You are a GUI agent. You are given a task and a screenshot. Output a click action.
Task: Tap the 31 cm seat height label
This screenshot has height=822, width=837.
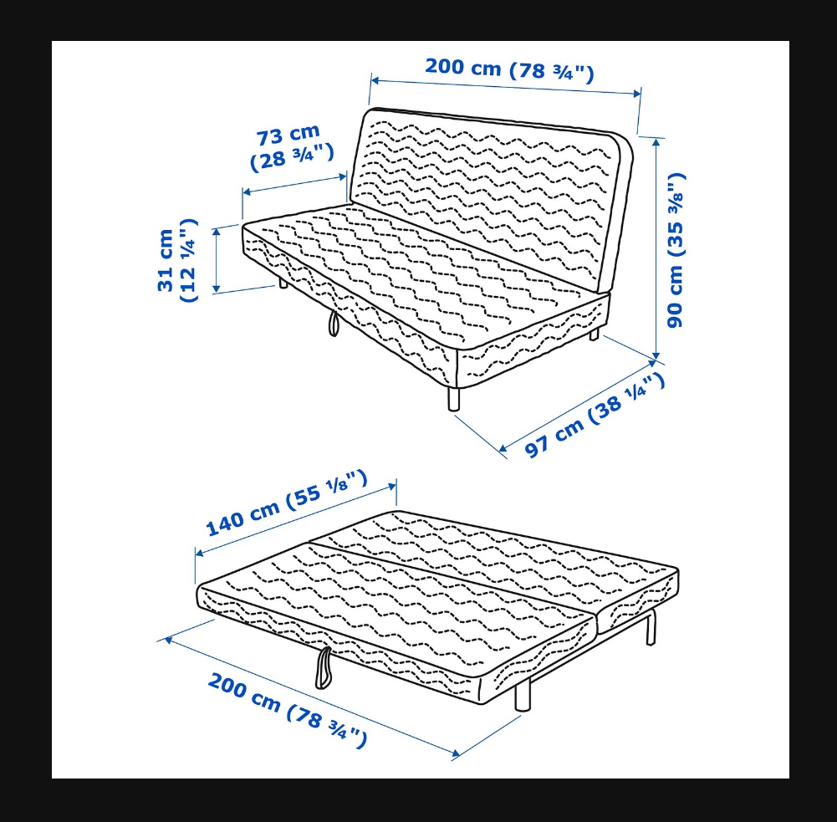click(x=176, y=260)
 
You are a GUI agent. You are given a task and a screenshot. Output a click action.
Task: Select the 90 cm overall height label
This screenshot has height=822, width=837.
click(x=675, y=250)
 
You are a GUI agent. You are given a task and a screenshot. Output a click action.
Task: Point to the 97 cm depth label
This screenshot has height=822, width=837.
click(x=595, y=414)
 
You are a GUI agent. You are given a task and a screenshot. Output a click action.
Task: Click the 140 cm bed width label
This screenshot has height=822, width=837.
click(x=287, y=503)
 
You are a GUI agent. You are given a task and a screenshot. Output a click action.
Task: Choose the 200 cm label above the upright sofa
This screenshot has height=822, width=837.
click(x=509, y=69)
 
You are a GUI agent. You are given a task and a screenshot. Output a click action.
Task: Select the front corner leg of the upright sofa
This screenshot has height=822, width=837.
click(x=454, y=399)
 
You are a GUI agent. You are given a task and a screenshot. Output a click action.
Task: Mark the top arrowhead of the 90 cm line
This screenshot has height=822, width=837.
click(x=656, y=141)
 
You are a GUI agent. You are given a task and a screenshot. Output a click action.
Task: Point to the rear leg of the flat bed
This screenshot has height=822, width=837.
click(x=651, y=628)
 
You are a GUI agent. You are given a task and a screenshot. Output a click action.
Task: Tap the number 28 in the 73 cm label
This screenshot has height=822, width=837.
click(x=273, y=160)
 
